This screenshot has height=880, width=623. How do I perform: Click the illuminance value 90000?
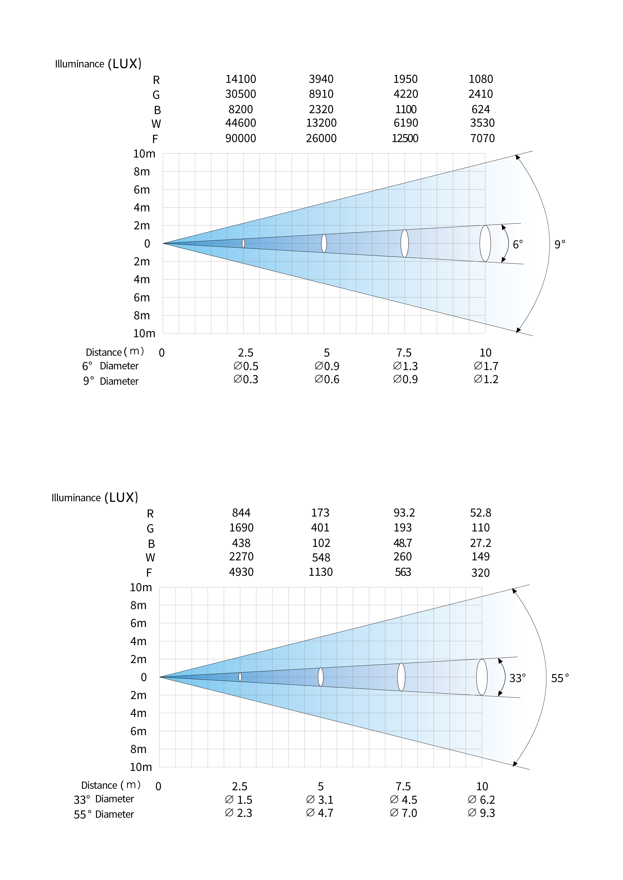pos(241,138)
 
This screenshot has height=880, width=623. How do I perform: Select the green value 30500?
pos(241,94)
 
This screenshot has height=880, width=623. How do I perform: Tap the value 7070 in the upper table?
pos(482,138)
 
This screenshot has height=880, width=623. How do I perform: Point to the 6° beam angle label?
pos(518,245)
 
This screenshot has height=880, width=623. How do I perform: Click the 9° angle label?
pos(560,244)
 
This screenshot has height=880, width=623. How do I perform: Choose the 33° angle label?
pos(517,678)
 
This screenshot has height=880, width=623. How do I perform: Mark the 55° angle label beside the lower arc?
pos(560,678)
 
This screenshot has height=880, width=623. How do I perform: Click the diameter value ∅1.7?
pos(486,366)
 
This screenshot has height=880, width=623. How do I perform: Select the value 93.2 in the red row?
pos(404,513)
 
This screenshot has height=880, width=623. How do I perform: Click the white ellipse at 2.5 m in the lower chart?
pos(240,677)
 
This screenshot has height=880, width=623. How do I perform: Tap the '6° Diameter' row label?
pos(110,366)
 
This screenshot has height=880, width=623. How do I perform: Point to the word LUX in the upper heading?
pos(125,64)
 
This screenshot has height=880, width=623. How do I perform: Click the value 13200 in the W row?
pos(321,123)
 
